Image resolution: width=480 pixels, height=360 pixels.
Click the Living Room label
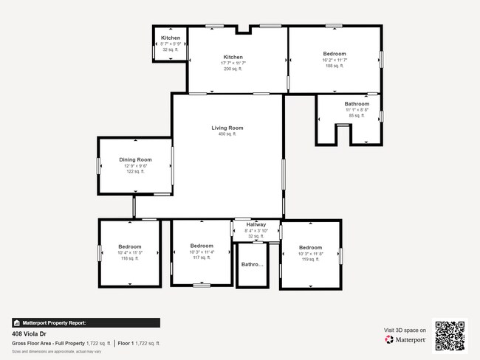click(x=227, y=128)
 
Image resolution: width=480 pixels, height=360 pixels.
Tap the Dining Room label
click(x=135, y=159)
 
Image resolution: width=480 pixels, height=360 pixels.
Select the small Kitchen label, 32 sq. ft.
click(x=171, y=38)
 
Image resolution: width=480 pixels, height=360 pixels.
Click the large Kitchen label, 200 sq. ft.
click(x=233, y=57)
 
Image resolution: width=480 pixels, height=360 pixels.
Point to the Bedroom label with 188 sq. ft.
click(x=334, y=54)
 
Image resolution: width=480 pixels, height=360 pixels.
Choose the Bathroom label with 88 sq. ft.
click(x=357, y=104)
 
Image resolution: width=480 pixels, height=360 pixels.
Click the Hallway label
click(x=256, y=224)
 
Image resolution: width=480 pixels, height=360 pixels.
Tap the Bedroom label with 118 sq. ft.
click(x=129, y=246)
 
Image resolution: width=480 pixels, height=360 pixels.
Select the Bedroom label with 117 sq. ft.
click(x=202, y=246)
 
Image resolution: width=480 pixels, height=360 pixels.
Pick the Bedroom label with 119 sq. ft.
click(x=310, y=247)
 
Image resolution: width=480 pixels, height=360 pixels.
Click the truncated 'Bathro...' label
click(x=253, y=264)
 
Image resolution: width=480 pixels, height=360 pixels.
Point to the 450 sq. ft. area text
click(x=227, y=134)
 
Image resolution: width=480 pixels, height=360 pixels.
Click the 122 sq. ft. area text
click(x=135, y=171)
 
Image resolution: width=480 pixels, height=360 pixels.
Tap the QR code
click(x=450, y=335)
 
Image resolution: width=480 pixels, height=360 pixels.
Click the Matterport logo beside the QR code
click(x=405, y=339)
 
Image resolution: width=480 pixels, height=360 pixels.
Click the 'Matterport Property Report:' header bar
click(x=86, y=322)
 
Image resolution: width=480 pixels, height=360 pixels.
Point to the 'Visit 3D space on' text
click(x=405, y=329)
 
